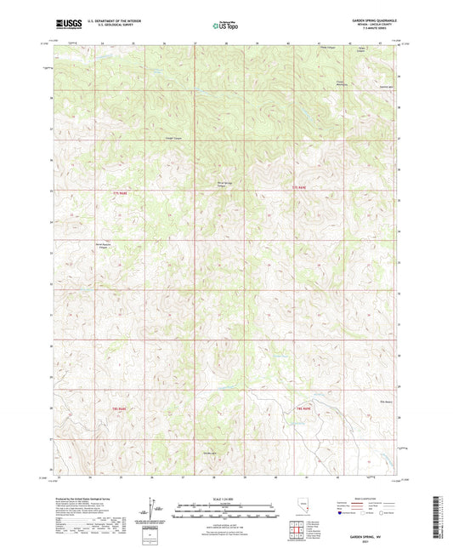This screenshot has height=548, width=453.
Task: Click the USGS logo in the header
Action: click(65, 26)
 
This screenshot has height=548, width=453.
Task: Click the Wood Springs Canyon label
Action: click(219, 184)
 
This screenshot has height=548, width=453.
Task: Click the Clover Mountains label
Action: click(346, 83)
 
